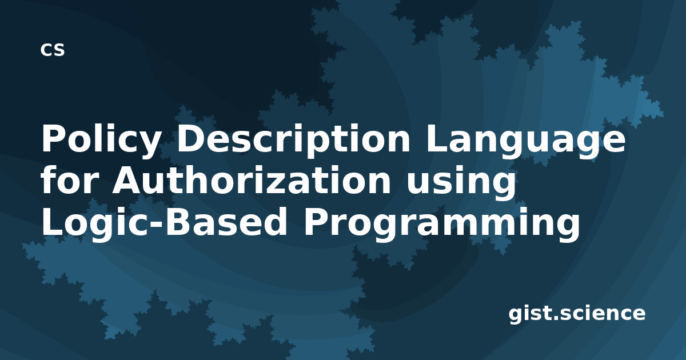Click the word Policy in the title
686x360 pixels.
coord(100,140)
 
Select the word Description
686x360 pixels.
coord(293,140)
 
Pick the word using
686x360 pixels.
coord(461,182)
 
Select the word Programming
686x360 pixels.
coord(441,223)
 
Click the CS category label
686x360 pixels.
coord(53,50)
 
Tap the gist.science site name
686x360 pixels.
coord(577,314)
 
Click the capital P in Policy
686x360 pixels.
coord(54,138)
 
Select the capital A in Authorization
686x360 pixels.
coord(127,179)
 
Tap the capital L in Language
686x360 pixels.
coord(437,138)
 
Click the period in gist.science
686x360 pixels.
coord(555,318)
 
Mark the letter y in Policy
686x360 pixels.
coord(147,145)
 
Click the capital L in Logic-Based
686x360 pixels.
coord(52,221)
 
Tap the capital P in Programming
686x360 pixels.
coord(316,221)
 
